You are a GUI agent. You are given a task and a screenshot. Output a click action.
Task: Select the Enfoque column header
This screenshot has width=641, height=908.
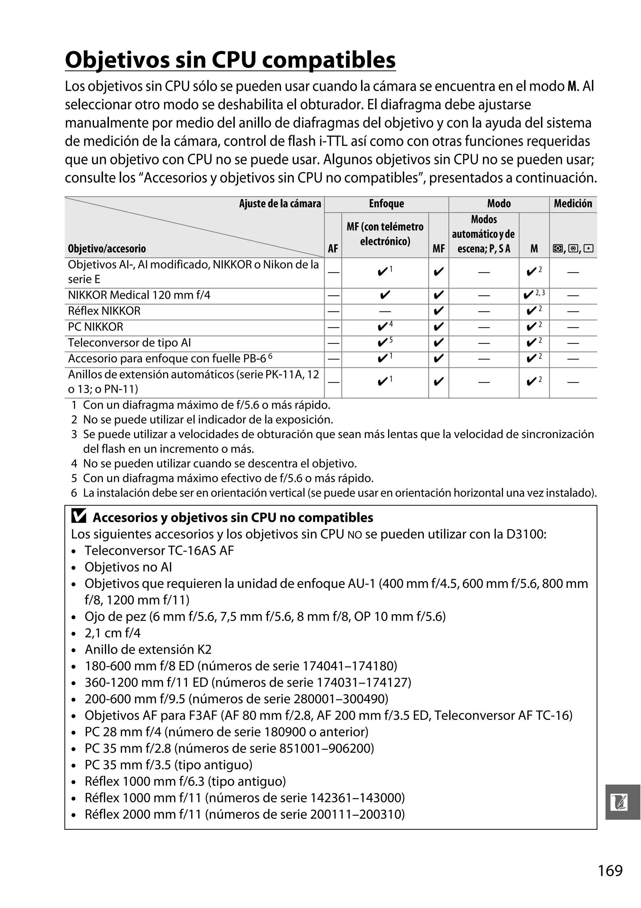pos(386,204)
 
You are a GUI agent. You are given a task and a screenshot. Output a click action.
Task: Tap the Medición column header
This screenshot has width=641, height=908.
pos(572,204)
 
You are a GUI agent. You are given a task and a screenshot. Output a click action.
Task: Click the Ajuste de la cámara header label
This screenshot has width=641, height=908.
pos(280,204)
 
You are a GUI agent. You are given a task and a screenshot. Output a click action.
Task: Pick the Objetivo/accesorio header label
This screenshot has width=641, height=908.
pos(107,249)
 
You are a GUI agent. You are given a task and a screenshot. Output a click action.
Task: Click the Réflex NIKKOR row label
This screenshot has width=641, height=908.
pos(104,311)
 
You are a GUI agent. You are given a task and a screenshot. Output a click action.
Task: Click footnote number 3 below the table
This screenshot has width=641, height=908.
pos(74,434)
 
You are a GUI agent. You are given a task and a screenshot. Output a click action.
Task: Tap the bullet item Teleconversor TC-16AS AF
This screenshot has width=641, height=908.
pos(159,551)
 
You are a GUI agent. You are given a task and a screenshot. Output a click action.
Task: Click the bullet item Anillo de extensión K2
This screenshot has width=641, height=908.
pos(148,649)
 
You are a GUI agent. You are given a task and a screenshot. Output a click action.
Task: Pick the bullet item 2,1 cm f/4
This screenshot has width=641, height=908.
pos(112,633)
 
